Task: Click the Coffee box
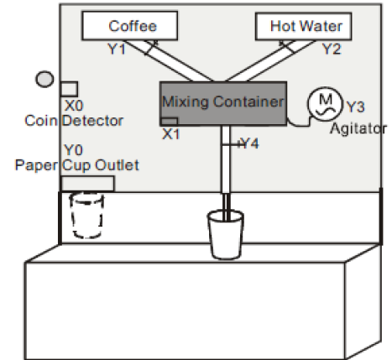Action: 132,27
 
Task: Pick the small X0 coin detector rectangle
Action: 69,88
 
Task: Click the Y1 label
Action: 116,49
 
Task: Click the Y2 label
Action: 332,49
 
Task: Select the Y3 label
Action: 355,107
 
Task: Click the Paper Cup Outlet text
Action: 76,163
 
